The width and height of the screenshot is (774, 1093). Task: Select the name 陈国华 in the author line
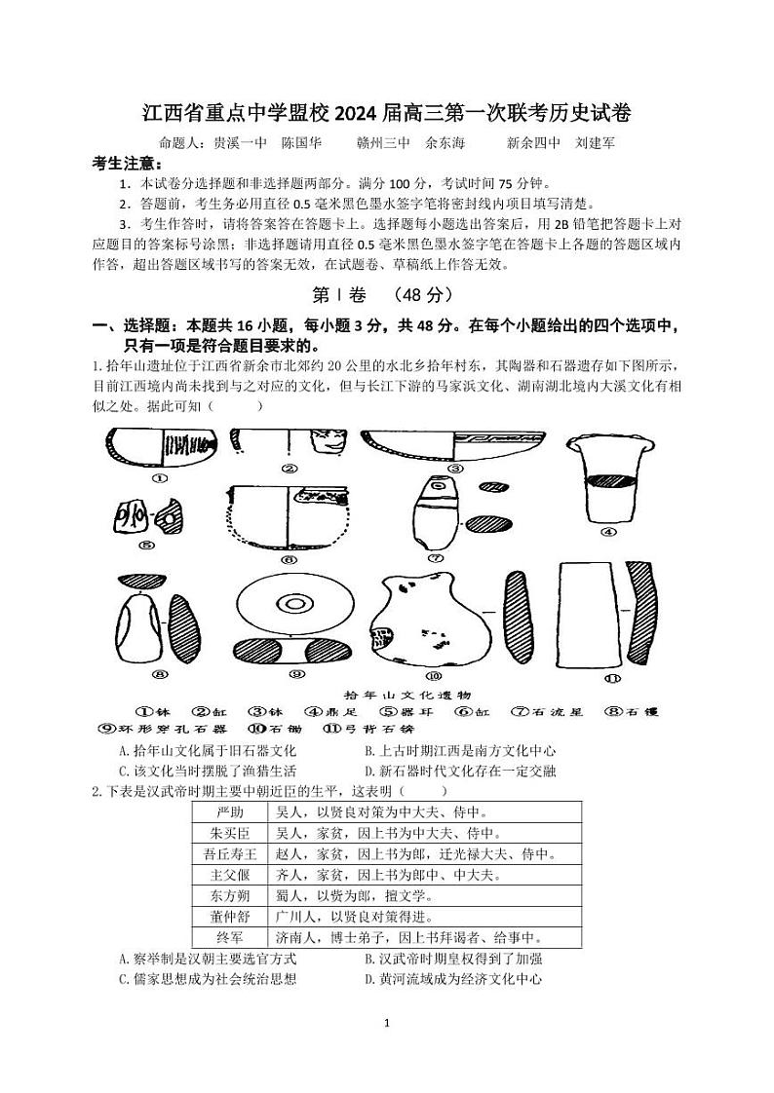point(301,142)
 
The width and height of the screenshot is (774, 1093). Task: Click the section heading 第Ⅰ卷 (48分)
point(386,293)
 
